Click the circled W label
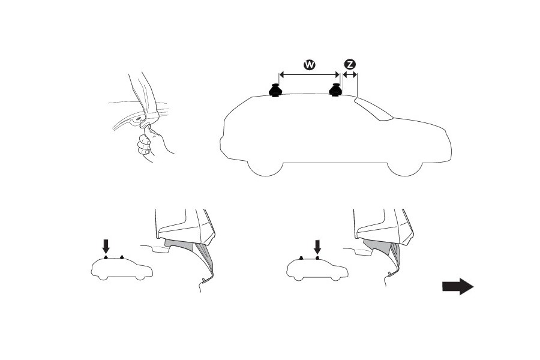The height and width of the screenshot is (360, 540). point(309,64)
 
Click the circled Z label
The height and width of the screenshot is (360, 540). point(350,64)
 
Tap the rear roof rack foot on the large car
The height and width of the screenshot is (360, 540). point(275,90)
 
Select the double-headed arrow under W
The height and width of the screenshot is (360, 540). point(309,74)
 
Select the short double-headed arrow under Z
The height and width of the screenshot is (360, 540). point(350,74)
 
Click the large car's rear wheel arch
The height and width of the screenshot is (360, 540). point(265,170)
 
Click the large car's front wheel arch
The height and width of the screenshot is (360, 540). point(404,170)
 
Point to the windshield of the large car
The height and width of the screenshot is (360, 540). point(373,109)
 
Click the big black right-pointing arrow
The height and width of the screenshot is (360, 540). point(458,287)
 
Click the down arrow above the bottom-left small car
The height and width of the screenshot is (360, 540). point(106,247)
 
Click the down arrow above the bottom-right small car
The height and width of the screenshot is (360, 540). point(317,247)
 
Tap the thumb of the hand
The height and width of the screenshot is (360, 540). point(148,132)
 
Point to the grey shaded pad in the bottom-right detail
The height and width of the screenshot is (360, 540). point(377,245)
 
